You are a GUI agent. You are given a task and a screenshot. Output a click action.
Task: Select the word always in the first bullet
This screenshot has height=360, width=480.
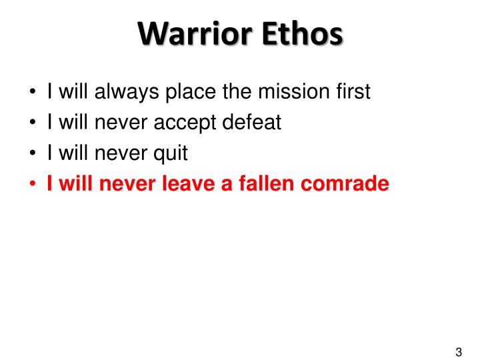point(120,91)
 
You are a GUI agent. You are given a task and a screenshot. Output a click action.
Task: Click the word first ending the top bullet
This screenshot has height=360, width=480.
point(351,91)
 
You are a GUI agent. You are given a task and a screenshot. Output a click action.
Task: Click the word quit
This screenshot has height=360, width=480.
point(172,153)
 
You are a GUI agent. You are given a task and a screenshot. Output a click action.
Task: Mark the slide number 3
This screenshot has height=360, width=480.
point(459,353)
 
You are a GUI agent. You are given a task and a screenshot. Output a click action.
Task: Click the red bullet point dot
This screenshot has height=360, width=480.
point(33,184)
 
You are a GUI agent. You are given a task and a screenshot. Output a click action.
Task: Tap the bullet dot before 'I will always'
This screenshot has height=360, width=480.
point(33,92)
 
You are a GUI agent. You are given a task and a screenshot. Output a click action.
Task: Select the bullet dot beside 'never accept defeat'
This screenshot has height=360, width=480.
point(33,123)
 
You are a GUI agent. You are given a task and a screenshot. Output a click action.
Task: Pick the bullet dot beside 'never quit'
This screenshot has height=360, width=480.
point(33,153)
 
